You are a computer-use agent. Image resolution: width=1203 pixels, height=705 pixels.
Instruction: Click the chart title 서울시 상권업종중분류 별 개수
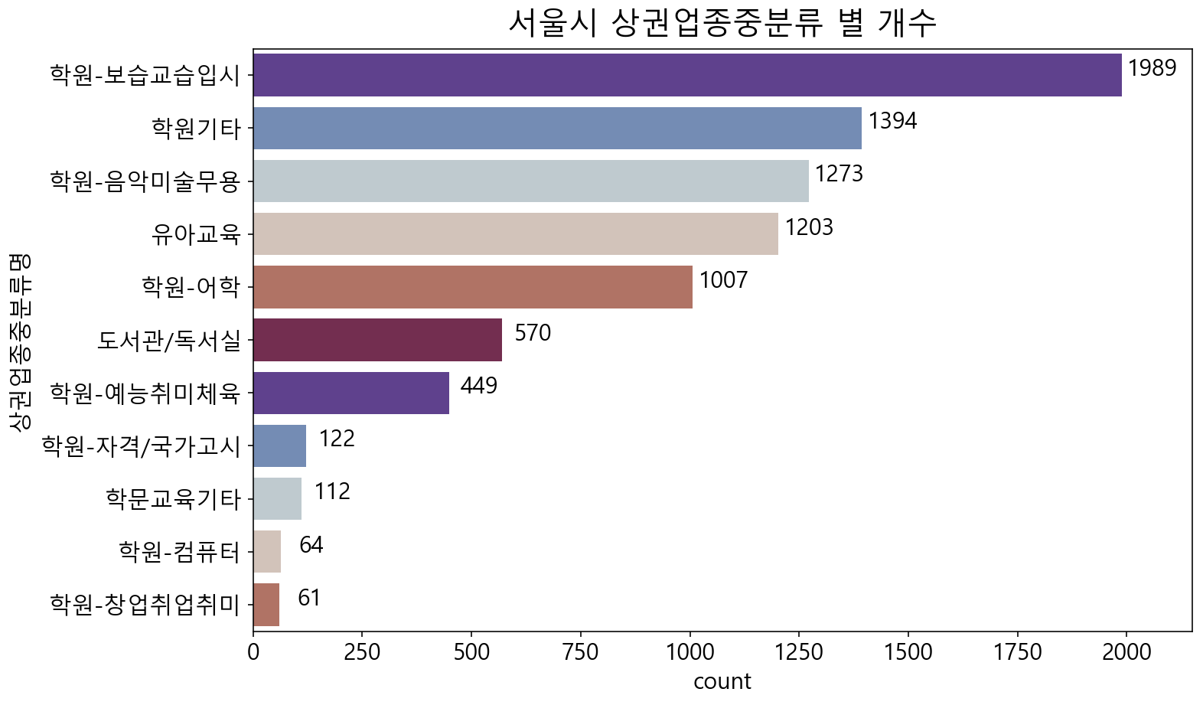722,23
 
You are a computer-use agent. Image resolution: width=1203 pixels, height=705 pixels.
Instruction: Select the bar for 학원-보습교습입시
686,75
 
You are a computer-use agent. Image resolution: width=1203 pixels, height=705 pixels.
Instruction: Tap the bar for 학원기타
557,128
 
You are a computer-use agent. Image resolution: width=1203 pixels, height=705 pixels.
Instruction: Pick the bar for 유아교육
515,233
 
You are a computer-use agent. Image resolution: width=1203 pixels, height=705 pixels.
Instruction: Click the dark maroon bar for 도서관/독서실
377,340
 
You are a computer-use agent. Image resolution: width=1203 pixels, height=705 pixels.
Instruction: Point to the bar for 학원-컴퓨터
267,552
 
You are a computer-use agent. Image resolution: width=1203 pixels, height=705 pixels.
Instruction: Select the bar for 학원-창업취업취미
266,605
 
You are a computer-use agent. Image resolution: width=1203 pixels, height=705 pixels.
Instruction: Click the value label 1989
1152,68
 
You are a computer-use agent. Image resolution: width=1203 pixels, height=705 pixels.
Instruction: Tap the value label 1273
839,175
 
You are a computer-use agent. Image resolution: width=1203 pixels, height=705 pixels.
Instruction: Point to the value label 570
533,333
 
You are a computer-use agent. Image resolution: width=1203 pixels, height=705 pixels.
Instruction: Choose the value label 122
337,439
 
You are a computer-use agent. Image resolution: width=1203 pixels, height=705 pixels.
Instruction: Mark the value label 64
311,545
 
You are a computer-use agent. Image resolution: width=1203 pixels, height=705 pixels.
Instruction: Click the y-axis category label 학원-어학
191,287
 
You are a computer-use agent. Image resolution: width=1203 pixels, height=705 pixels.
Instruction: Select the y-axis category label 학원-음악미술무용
145,181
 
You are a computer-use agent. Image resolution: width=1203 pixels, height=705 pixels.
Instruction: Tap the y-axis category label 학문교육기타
174,499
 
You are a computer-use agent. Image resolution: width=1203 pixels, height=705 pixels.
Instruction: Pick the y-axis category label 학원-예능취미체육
145,393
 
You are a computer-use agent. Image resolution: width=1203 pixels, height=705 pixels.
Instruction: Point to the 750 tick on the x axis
580,652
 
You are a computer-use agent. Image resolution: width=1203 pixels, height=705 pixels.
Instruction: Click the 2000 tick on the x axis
1126,652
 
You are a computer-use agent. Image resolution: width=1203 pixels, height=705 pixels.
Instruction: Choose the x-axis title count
722,681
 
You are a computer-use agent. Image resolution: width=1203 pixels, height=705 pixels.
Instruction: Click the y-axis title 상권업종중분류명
21,340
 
